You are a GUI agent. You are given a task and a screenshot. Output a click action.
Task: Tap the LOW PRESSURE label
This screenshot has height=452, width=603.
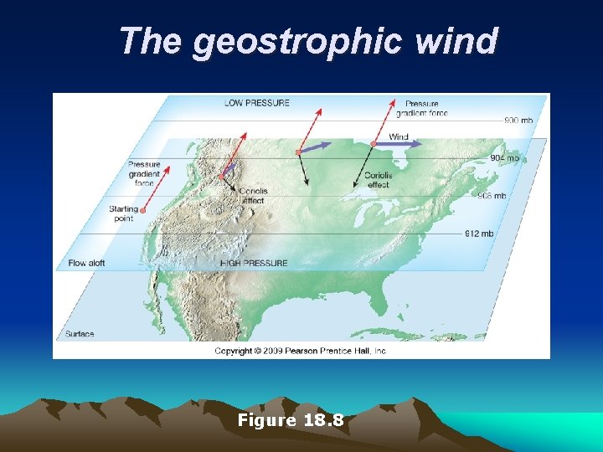[x=256, y=103]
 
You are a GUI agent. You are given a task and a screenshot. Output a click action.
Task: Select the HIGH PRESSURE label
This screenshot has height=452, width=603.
[x=253, y=263]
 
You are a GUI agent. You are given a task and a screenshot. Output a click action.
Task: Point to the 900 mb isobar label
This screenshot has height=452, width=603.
[x=518, y=121]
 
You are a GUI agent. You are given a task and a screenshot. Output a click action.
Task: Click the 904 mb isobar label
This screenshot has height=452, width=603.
[x=504, y=158]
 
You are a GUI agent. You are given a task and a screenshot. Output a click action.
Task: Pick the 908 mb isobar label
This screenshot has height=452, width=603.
[x=491, y=196]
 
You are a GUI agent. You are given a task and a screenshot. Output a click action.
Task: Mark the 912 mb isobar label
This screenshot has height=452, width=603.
[x=478, y=234]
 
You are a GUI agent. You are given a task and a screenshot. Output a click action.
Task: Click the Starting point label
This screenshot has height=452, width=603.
[x=123, y=213]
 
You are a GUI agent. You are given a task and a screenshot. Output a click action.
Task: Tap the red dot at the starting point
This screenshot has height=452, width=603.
[x=143, y=210]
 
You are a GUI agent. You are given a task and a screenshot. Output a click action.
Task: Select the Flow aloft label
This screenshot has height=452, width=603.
[x=86, y=263]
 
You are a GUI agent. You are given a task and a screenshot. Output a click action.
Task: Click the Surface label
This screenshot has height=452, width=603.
[x=80, y=334]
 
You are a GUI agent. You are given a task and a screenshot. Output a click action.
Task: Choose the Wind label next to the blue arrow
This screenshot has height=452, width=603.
[x=399, y=136]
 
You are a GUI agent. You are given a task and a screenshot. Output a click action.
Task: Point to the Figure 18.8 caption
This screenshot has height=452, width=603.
[x=291, y=420]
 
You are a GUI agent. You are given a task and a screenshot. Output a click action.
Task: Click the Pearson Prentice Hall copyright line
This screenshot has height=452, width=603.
[x=301, y=351]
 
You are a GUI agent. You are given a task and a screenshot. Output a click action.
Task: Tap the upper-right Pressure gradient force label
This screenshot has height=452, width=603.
[x=422, y=109]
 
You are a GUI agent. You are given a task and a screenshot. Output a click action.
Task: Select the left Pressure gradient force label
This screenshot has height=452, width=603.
[x=144, y=173]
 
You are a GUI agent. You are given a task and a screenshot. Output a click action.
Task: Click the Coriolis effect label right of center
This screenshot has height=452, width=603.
[x=378, y=180]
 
